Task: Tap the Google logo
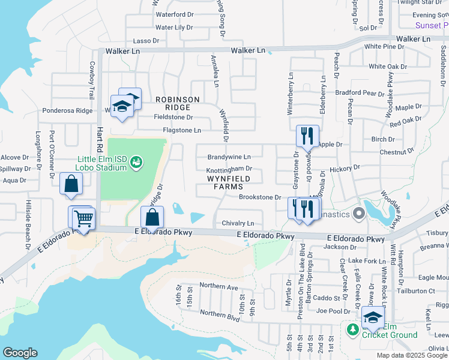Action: (x=20, y=352)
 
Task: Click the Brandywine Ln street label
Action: (x=229, y=157)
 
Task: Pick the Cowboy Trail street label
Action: (x=92, y=80)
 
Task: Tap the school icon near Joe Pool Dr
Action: (x=373, y=317)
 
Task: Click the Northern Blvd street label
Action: (x=221, y=313)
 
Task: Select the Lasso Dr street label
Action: (x=146, y=41)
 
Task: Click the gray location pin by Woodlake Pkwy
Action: (x=359, y=213)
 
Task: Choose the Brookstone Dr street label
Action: (x=260, y=197)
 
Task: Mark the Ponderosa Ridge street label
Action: (x=67, y=110)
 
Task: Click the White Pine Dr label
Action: (x=384, y=46)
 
